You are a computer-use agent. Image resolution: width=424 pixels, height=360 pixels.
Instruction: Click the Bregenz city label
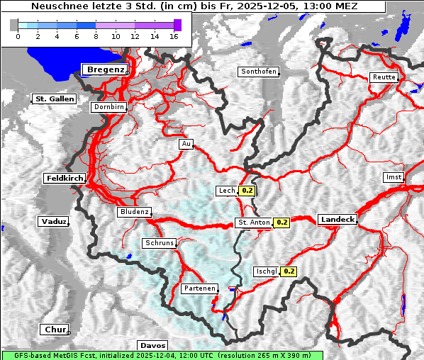pos(106,69)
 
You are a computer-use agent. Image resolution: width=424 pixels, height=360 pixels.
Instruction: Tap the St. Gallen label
pos(54,99)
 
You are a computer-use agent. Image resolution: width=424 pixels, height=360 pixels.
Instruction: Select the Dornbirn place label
pos(109,107)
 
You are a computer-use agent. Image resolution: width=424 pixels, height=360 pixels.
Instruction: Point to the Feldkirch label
pos(65,179)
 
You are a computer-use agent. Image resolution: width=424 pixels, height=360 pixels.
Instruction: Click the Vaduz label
pos(54,222)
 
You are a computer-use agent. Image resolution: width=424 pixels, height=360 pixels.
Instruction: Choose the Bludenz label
pos(134,212)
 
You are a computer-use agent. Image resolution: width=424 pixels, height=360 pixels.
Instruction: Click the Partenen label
pos(199,288)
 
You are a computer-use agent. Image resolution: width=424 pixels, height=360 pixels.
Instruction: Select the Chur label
pos(55,330)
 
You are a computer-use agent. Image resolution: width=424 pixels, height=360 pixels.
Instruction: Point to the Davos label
pos(152,345)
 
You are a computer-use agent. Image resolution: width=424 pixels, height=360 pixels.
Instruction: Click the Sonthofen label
pos(258,72)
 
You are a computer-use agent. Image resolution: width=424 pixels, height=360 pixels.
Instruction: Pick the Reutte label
pos(384,77)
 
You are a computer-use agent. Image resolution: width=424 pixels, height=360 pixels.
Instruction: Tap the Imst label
pos(393,176)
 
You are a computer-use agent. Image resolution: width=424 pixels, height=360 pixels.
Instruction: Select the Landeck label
pos(337,220)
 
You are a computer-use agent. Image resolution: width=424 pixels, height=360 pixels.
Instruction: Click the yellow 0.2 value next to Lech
pos(247,191)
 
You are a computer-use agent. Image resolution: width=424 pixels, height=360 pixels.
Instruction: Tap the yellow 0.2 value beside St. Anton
pos(282,223)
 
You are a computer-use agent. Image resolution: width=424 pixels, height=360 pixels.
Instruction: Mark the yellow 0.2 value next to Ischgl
pos(289,271)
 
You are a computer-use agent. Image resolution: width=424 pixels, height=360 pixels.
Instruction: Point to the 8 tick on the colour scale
pos(95,35)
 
